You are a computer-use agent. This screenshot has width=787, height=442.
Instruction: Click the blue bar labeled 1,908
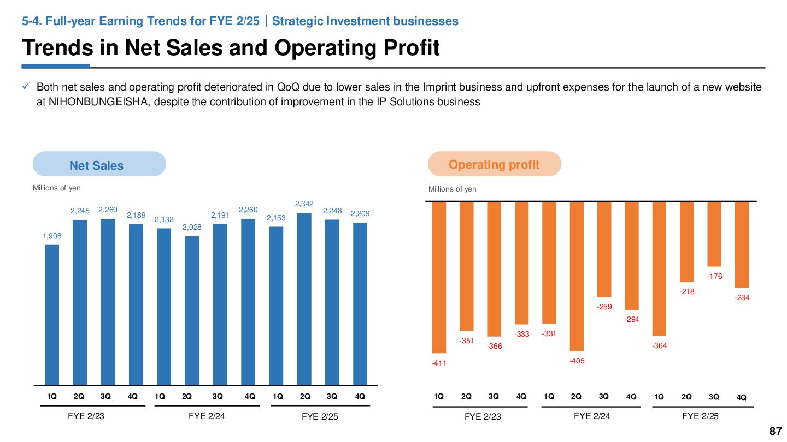[x=52, y=315]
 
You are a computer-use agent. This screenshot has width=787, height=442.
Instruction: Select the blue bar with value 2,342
[x=304, y=298]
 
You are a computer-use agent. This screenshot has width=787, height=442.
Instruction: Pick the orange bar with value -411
[x=439, y=277]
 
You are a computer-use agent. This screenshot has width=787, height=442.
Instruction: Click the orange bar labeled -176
[x=714, y=234]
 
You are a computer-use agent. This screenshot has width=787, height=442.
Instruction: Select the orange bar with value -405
[x=577, y=276]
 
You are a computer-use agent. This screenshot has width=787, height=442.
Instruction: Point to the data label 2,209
[x=360, y=214]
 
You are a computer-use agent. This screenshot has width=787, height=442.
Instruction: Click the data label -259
[x=604, y=307]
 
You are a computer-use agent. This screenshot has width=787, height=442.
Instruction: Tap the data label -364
[x=659, y=345]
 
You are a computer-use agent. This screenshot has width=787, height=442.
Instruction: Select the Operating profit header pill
[x=494, y=164]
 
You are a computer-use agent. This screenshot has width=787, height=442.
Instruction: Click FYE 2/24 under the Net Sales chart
[x=207, y=416]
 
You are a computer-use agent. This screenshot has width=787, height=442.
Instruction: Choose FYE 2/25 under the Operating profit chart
[x=700, y=416]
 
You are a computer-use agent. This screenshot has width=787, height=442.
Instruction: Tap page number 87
[x=775, y=432]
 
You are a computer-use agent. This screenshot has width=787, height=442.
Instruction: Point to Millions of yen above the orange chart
[x=452, y=189]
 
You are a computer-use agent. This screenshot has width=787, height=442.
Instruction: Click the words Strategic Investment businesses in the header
[x=365, y=21]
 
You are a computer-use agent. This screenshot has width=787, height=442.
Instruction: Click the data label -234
[x=742, y=298]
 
